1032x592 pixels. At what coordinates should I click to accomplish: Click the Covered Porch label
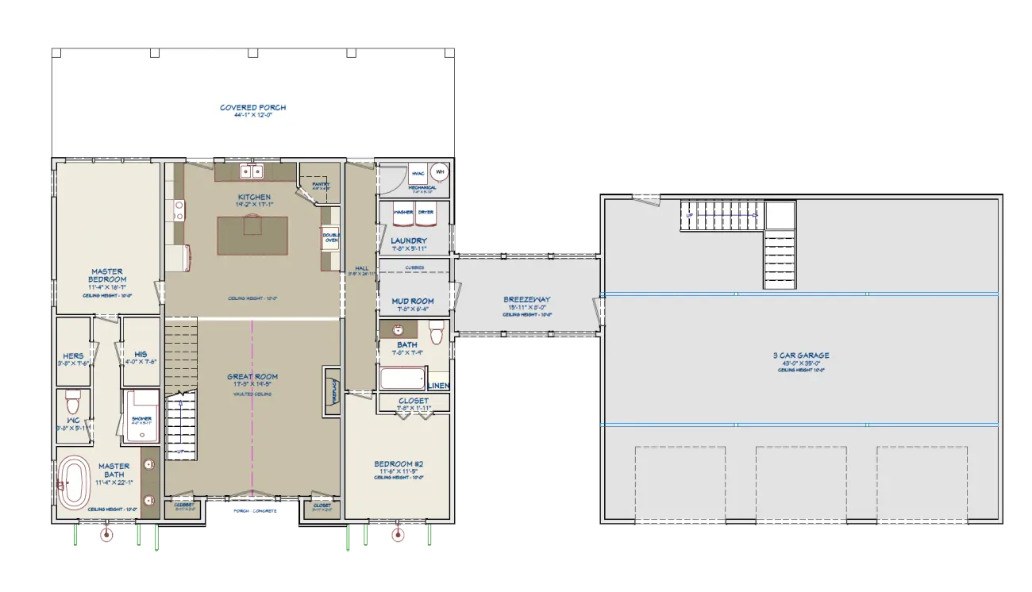pyautogui.click(x=253, y=108)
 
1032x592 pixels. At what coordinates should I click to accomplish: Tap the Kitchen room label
pyautogui.click(x=254, y=197)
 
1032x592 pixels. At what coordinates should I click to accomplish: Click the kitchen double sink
pyautogui.click(x=252, y=171)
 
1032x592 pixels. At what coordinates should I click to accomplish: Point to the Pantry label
pyautogui.click(x=321, y=185)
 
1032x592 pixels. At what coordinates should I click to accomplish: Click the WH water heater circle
pyautogui.click(x=439, y=172)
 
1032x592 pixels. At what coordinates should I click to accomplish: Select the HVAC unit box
pyautogui.click(x=418, y=174)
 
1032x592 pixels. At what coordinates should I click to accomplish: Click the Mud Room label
pyautogui.click(x=413, y=302)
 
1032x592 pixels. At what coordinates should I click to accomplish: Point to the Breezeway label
pyautogui.click(x=527, y=300)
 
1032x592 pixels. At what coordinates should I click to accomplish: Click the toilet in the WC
pyautogui.click(x=72, y=396)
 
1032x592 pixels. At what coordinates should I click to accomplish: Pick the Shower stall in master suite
pyautogui.click(x=141, y=416)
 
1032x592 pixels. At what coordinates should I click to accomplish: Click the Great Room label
pyautogui.click(x=252, y=377)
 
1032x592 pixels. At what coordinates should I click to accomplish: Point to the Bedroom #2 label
pyautogui.click(x=399, y=464)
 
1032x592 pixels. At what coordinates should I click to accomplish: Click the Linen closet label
pyautogui.click(x=439, y=386)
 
